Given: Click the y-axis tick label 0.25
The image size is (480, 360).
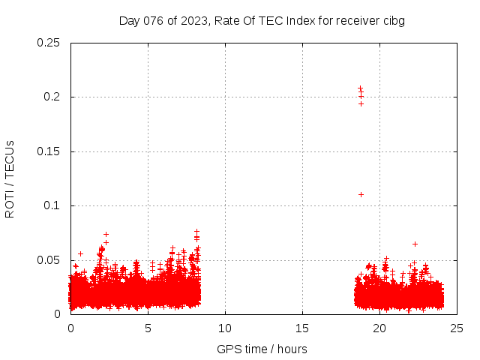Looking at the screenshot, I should tap(49, 43).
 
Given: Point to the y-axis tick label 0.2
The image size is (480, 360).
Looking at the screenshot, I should tap(52, 97).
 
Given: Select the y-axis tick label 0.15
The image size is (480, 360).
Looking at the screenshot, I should tap(49, 151).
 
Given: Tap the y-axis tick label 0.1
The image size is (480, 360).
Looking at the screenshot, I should tap(52, 205).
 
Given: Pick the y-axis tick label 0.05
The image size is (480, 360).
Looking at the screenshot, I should tap(49, 260).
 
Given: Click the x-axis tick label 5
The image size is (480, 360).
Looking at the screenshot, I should tap(148, 328).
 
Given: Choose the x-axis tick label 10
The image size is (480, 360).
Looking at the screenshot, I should tap(225, 328).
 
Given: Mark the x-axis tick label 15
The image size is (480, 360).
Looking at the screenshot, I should tap(302, 328).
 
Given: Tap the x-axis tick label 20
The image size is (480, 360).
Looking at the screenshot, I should tap(379, 328).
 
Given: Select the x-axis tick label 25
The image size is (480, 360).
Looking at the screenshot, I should tap(457, 328).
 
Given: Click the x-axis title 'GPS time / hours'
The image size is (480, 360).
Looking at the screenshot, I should tap(262, 349).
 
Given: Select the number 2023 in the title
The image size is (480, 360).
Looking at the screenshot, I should tap(193, 20).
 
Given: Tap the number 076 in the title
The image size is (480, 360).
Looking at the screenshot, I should tap(153, 20).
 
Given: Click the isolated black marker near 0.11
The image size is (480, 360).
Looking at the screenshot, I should tap(361, 194).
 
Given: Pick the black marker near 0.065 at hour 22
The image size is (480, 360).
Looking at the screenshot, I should tap(415, 244).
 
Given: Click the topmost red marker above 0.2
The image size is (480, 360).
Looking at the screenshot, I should tap(360, 88).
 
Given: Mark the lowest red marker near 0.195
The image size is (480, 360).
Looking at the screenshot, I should tap(361, 103).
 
